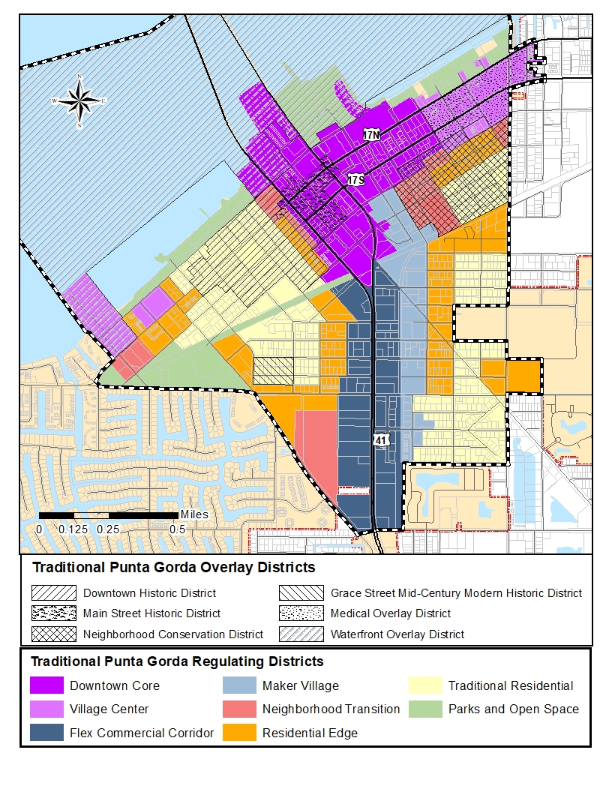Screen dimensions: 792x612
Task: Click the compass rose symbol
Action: (79, 100)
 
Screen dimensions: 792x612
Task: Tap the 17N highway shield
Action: (372, 135)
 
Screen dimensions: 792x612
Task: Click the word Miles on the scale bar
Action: (193, 514)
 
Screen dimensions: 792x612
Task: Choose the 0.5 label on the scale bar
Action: (177, 529)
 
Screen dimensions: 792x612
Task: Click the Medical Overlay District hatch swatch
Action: (301, 613)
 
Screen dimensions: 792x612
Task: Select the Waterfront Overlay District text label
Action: (397, 634)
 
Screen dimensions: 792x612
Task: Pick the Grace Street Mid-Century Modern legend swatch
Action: (301, 593)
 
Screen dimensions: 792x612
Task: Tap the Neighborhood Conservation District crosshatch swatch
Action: (54, 634)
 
